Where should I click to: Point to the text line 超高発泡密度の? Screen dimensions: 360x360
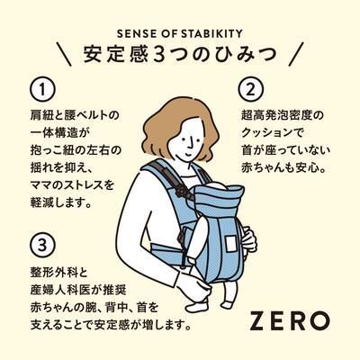pyautogui.click(x=288, y=115)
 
